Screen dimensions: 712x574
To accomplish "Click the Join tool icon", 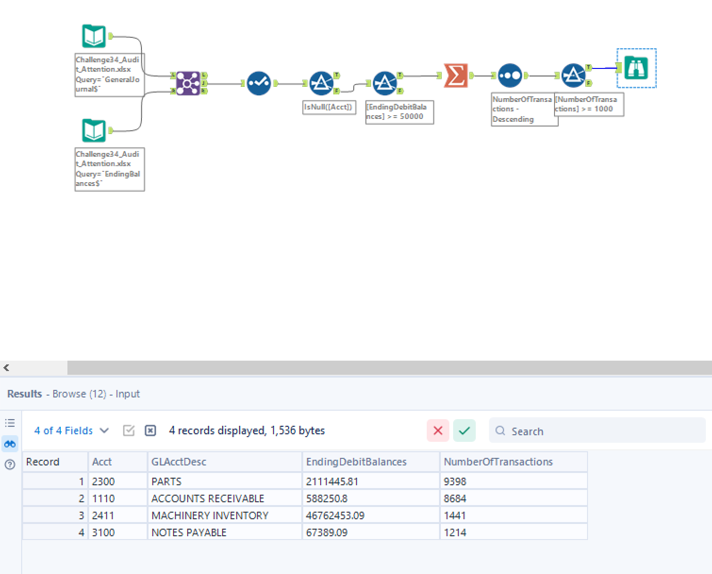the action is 188,83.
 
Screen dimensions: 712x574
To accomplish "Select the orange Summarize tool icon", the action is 455,76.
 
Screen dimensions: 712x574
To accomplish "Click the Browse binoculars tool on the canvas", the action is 636,68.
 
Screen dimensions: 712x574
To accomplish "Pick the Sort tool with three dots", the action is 510,76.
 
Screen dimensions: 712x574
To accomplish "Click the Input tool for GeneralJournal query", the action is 94,36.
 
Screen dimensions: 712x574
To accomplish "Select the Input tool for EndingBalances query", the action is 94,130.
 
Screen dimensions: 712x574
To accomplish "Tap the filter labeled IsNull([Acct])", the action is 321,83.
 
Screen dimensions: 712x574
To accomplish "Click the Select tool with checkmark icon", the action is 259,83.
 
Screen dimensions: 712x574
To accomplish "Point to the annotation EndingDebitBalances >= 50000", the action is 399,112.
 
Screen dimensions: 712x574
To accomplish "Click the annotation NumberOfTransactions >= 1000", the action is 589,104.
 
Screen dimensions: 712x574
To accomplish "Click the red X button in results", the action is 438,430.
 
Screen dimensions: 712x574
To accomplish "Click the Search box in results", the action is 597,430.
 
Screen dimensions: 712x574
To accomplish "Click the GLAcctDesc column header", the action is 179,462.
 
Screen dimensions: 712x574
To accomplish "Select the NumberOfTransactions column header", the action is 498,462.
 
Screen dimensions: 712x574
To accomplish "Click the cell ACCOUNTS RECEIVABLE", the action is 208,498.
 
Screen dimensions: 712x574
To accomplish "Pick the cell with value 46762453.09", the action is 335,515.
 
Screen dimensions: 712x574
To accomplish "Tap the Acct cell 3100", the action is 103,532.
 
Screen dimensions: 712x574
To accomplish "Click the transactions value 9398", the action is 455,481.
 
